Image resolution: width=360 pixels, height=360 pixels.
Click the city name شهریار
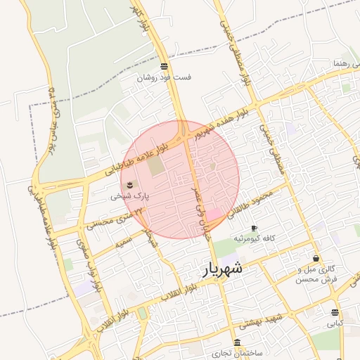click(x=224, y=269)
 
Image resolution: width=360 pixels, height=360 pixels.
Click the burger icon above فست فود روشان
click(x=165, y=66)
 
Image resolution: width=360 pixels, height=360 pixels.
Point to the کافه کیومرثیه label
click(x=254, y=239)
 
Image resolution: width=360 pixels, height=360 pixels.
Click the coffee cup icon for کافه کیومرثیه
click(x=254, y=228)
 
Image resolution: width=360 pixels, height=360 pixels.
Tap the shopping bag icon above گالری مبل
click(x=316, y=258)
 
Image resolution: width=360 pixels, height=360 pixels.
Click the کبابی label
click(x=335, y=324)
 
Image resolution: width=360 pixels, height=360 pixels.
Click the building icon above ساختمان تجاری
click(x=237, y=342)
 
